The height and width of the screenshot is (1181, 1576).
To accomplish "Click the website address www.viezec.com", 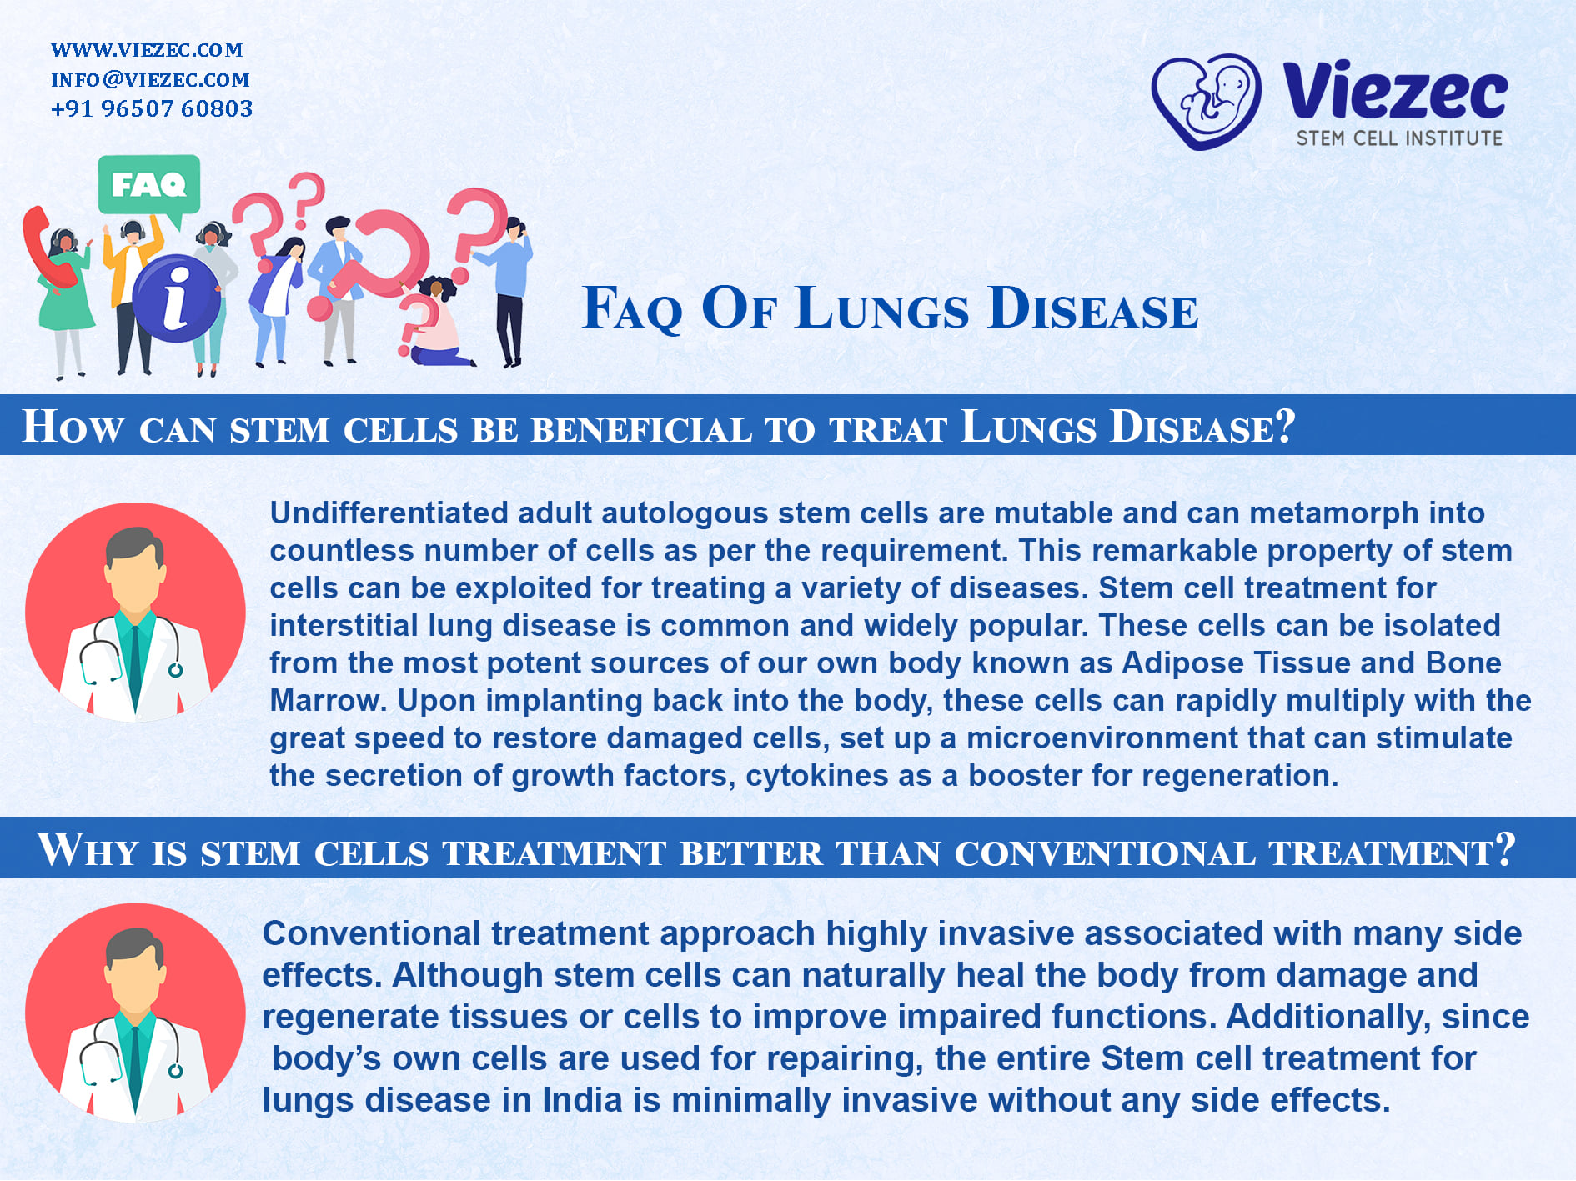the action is pyautogui.click(x=147, y=50).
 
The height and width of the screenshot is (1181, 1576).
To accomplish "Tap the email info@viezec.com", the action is pyautogui.click(x=150, y=79).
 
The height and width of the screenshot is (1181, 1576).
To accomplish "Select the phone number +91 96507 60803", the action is pyautogui.click(x=152, y=108).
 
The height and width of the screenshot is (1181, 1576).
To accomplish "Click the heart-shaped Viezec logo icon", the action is pyautogui.click(x=1206, y=101).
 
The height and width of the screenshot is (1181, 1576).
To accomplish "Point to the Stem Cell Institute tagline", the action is pyautogui.click(x=1399, y=138).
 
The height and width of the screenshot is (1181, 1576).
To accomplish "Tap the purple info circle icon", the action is pyautogui.click(x=176, y=298).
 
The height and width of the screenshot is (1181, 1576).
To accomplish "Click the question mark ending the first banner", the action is pyautogui.click(x=1285, y=426).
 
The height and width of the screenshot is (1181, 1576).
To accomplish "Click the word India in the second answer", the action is pyautogui.click(x=582, y=1100).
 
